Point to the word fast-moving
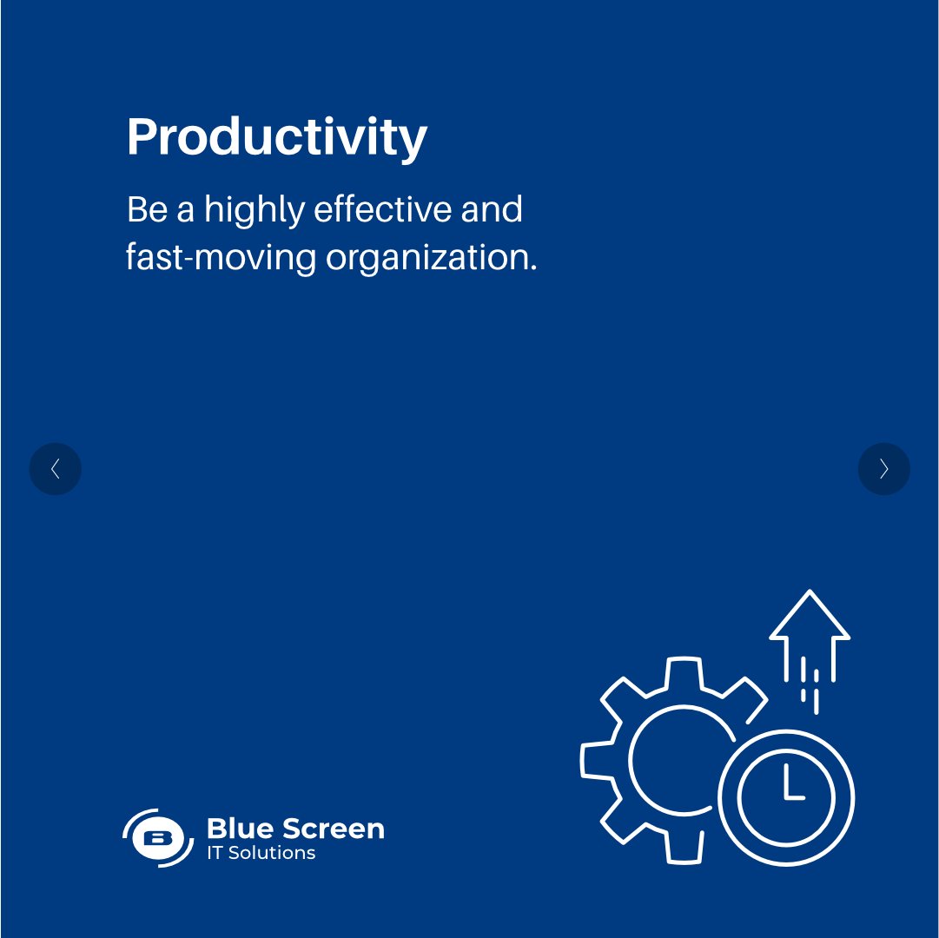[x=221, y=259]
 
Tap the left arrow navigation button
[x=55, y=469]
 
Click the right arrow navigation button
[x=883, y=469]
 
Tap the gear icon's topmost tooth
[x=683, y=674]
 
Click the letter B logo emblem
[x=157, y=838]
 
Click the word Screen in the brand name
[x=331, y=829]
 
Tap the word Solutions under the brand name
[x=271, y=853]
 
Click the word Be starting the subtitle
[x=147, y=211]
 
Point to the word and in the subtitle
[x=498, y=210]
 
